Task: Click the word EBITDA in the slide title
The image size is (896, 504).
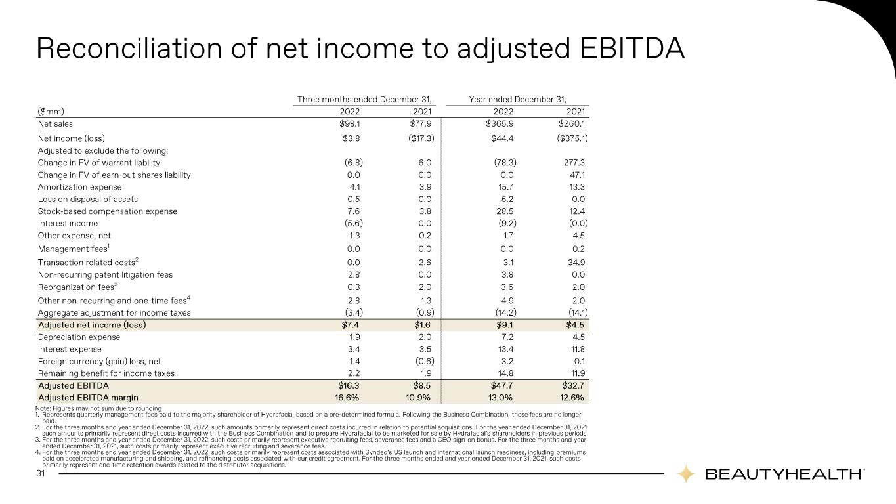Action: [x=632, y=49]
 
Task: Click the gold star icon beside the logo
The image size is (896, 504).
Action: [x=685, y=474]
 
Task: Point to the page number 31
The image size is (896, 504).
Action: [x=41, y=474]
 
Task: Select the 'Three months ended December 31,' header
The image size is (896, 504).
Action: [x=364, y=99]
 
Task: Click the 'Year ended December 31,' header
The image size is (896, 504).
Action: [x=518, y=99]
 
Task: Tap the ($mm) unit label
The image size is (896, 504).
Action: [x=51, y=112]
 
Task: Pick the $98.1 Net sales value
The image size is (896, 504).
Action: [x=350, y=123]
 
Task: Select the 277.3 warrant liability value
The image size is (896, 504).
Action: [x=574, y=162]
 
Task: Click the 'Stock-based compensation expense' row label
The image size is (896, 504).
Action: [x=107, y=211]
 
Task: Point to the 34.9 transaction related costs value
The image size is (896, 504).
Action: [x=576, y=262]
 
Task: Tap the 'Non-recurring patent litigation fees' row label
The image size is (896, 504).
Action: [x=105, y=275]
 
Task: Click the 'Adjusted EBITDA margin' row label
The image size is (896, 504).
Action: [x=88, y=398]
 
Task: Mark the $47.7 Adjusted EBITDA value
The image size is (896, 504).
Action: [x=501, y=386]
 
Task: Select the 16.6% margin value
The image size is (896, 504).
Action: [x=347, y=398]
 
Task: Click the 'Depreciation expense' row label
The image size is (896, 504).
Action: [x=79, y=337]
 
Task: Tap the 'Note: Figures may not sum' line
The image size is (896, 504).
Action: [x=98, y=408]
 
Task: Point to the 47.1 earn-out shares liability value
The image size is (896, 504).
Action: [x=577, y=175]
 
